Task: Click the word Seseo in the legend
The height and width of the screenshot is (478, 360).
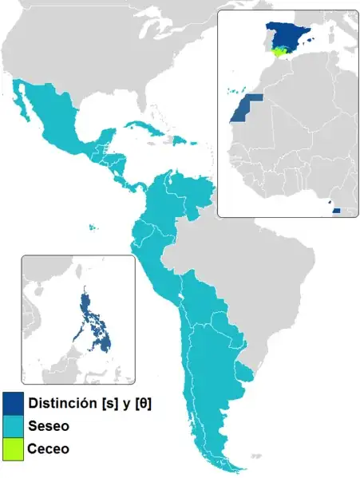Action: tap(49, 426)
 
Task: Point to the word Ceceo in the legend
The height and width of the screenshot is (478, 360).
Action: tap(49, 449)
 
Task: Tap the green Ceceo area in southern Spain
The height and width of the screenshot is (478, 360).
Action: tap(279, 52)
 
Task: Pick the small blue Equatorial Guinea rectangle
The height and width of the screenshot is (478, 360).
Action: tap(336, 211)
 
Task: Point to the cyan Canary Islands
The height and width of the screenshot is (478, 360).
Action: tap(233, 90)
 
